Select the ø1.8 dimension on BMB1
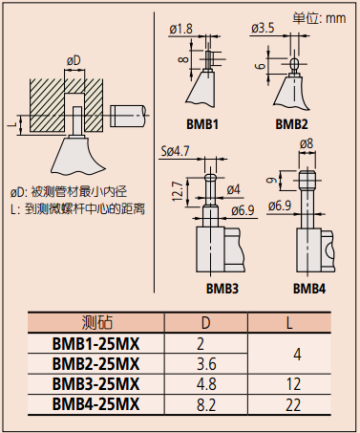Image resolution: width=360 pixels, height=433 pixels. coord(181,30)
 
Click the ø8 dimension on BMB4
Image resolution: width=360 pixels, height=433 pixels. coord(307,144)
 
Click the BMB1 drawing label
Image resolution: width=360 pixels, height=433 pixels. coord(202,124)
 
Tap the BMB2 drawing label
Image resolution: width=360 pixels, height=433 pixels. coord(292,124)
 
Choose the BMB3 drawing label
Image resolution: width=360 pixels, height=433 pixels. coord(220,287)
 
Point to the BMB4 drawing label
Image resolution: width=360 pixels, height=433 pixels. coord(309,287)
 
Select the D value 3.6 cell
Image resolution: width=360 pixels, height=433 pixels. coord(205,363)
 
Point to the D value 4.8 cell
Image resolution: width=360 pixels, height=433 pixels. coord(205,383)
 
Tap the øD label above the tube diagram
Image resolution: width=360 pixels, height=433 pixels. coord(73,61)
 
